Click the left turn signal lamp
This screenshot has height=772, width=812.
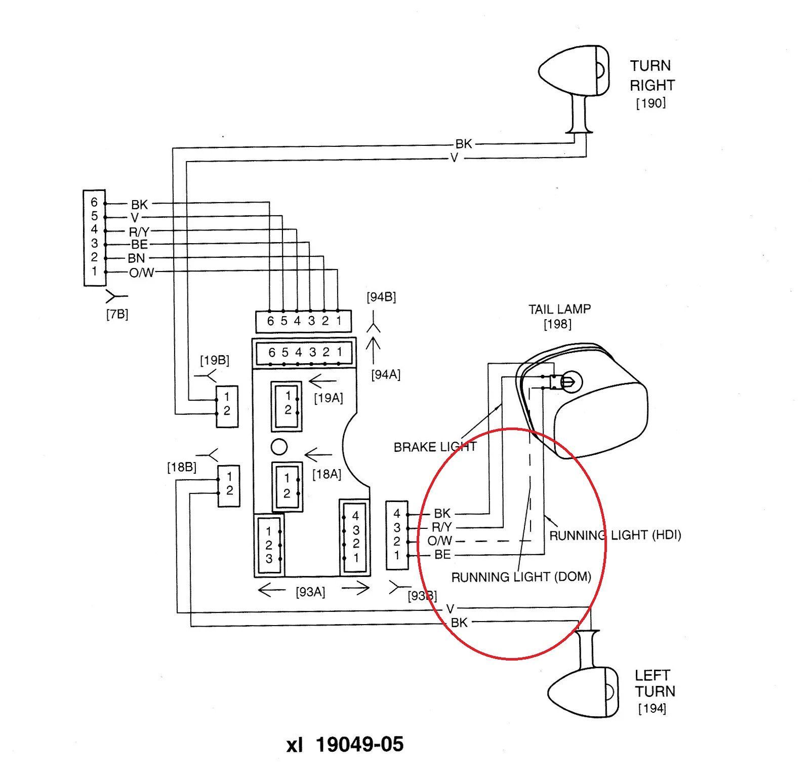[x=582, y=692]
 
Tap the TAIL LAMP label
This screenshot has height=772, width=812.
[x=559, y=309]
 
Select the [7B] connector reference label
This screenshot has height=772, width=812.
[x=117, y=314]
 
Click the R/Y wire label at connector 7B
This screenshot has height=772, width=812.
[x=139, y=231]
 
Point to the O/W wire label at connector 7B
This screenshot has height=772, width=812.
[x=141, y=273]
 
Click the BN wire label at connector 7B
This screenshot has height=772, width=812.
[x=137, y=258]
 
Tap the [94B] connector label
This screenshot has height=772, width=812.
[x=381, y=297]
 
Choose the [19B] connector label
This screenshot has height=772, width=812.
[x=215, y=360]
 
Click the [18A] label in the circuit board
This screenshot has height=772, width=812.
[x=327, y=474]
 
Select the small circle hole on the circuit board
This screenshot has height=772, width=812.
[x=279, y=447]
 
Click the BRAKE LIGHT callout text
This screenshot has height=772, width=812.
[x=435, y=447]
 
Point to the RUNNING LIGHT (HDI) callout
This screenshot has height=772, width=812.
[x=615, y=535]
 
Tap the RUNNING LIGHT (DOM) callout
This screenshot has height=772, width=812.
[x=521, y=577]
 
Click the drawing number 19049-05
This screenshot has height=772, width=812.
[x=359, y=744]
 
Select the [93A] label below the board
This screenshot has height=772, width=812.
[x=310, y=591]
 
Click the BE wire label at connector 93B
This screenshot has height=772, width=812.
[x=442, y=555]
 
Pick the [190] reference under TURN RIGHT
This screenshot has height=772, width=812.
[x=651, y=103]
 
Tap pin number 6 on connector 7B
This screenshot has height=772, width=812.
[x=94, y=203]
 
